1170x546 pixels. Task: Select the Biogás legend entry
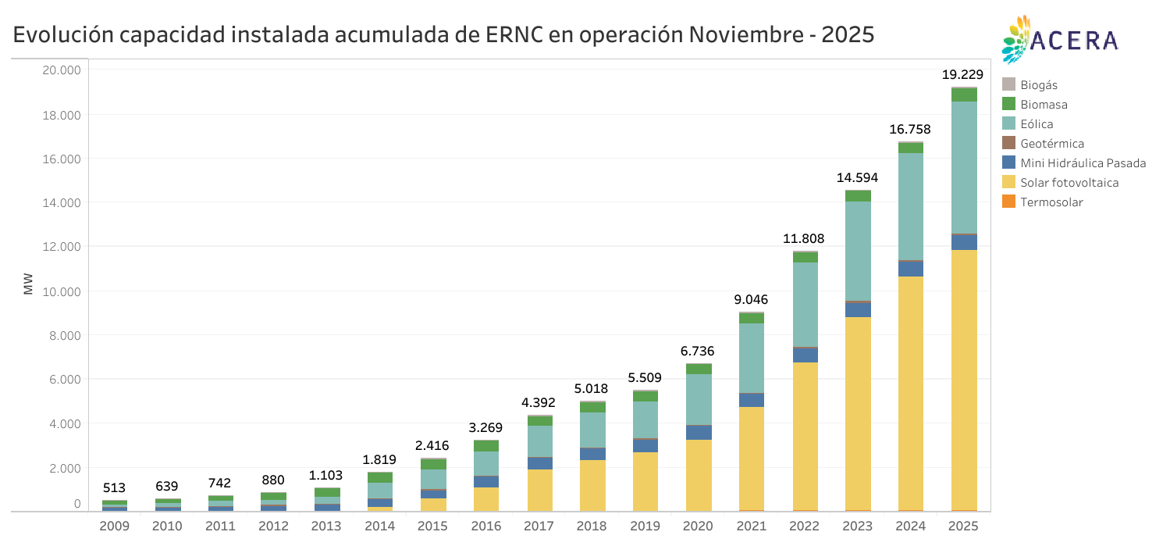click(1038, 85)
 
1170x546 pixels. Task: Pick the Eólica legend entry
click(1037, 124)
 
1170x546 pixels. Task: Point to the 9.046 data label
click(751, 298)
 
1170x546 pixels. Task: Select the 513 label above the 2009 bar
click(114, 488)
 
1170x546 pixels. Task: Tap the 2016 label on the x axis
click(485, 526)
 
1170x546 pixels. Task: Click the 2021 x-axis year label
click(751, 526)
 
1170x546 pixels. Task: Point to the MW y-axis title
click(28, 284)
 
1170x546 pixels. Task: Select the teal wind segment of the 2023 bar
click(858, 250)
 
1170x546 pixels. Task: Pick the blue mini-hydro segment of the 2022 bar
click(805, 355)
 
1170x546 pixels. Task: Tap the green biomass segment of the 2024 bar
click(911, 148)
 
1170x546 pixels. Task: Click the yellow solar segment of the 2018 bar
click(592, 484)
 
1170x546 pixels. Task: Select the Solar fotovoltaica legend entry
click(1069, 183)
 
